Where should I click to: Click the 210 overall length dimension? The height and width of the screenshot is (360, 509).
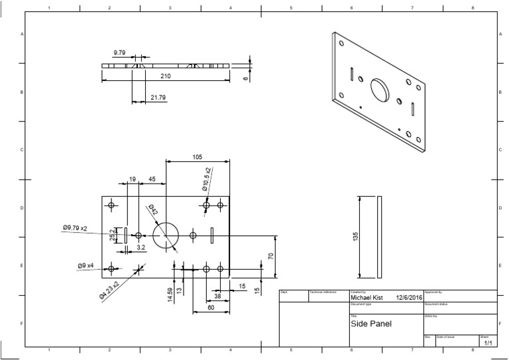(x=166, y=76)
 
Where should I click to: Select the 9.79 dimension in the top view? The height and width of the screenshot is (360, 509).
(x=119, y=52)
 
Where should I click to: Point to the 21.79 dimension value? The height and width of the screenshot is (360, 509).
(x=158, y=97)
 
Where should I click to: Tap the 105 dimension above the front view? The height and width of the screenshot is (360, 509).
(x=197, y=156)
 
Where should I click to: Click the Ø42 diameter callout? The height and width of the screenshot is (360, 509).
(x=153, y=210)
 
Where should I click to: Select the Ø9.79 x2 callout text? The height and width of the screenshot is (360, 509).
(x=75, y=227)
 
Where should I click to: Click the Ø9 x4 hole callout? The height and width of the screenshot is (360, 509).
(x=85, y=265)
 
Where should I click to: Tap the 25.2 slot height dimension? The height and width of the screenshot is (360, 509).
(x=113, y=235)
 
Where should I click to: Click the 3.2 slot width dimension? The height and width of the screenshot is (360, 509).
(x=141, y=247)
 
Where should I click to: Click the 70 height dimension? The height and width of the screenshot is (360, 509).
(x=270, y=255)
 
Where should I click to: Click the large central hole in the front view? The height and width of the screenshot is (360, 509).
(x=166, y=235)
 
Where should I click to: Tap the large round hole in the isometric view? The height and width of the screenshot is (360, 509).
(x=380, y=90)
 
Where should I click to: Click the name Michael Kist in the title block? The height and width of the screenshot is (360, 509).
(x=367, y=298)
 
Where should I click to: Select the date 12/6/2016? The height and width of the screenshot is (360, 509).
(x=409, y=298)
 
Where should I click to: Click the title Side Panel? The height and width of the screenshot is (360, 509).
(x=371, y=324)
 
